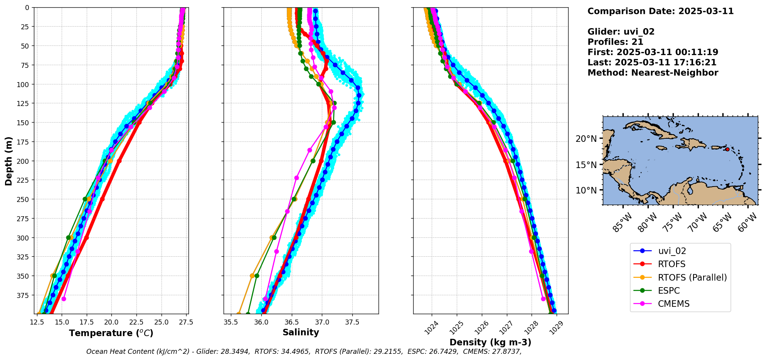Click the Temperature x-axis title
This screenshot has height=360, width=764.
click(x=111, y=333)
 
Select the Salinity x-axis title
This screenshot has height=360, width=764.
click(x=301, y=333)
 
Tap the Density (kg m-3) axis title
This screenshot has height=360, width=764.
click(x=490, y=342)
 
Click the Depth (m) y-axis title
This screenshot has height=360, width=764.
click(x=8, y=161)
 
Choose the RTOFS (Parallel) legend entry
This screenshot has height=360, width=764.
click(x=692, y=278)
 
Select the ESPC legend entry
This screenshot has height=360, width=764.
click(x=669, y=291)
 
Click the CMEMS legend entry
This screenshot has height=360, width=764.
click(x=673, y=304)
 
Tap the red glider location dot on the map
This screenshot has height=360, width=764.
click(x=727, y=149)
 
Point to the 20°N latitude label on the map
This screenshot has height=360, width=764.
click(x=586, y=139)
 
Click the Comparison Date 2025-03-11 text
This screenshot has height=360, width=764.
click(x=660, y=11)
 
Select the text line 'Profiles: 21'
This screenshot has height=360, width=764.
click(x=615, y=42)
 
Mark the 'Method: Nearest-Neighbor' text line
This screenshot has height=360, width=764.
click(x=653, y=73)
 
